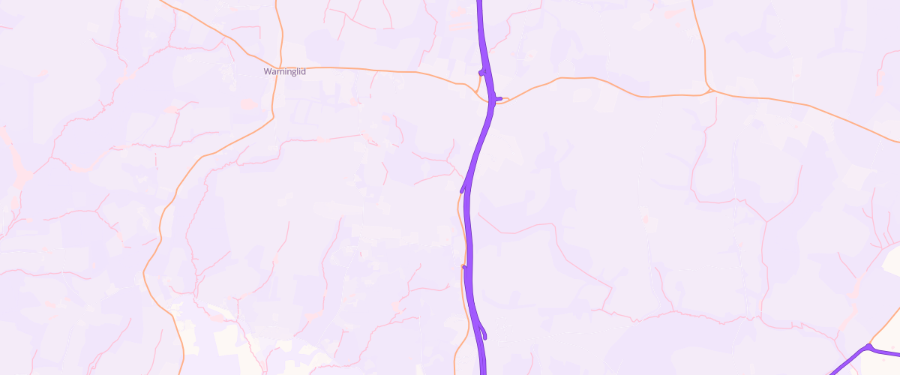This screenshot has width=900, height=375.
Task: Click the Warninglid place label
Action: point(285,72)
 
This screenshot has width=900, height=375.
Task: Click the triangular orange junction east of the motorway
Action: point(709,91)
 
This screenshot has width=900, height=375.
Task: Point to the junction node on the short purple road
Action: point(868,347)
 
